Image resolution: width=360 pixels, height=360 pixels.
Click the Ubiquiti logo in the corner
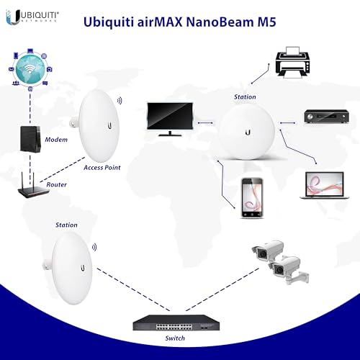pyautogui.click(x=32, y=17)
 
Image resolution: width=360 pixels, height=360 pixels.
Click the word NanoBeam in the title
pyautogui.click(x=220, y=22)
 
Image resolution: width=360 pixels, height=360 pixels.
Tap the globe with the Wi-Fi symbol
pyautogui.click(x=30, y=70)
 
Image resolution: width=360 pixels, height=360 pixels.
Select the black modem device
pyautogui.click(x=30, y=140)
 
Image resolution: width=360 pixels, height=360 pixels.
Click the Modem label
pyautogui.click(x=56, y=140)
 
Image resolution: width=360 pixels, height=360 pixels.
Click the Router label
pyautogui.click(x=56, y=184)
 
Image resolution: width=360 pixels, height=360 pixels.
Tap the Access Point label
pyautogui.click(x=102, y=168)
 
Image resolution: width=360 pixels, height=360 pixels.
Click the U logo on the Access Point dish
pyautogui.click(x=109, y=125)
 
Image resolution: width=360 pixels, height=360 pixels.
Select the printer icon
pyautogui.click(x=293, y=62)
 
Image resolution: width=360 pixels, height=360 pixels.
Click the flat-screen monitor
pyautogui.click(x=170, y=120)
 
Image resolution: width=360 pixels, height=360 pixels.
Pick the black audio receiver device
pyautogui.click(x=326, y=117)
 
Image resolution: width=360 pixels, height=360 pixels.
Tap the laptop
pyautogui.click(x=325, y=185)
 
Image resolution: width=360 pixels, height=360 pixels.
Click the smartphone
pyautogui.click(x=252, y=198)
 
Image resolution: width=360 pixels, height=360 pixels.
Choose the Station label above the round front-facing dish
pyautogui.click(x=245, y=97)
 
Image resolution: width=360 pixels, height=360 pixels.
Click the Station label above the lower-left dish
pyautogui.click(x=66, y=225)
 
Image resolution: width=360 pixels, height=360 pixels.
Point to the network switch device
pyautogui.click(x=176, y=323)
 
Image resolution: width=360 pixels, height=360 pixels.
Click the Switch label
pyautogui.click(x=175, y=338)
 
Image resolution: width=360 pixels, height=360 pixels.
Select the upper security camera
pyautogui.click(x=268, y=251)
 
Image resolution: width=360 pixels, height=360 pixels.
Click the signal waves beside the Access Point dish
pyautogui.click(x=120, y=101)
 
